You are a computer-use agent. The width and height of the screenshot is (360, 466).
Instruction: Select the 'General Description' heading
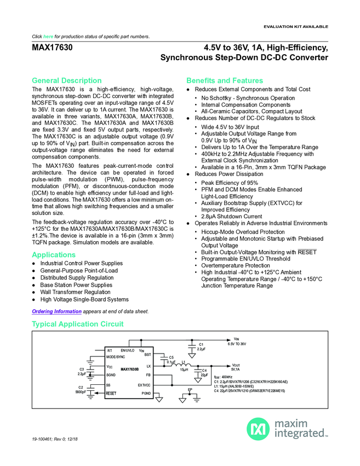67,81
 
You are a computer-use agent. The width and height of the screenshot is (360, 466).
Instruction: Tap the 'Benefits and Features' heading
225,81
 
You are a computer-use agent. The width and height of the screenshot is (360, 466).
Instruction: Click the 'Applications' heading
54,255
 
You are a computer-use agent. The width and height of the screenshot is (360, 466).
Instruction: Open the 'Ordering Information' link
56,311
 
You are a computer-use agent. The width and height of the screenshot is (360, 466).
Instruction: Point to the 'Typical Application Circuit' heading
77,325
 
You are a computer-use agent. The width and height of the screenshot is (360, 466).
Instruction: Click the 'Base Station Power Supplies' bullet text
76,285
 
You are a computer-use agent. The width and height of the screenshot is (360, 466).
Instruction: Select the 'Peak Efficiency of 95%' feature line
229,183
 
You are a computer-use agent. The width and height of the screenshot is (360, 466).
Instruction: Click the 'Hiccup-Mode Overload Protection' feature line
244,232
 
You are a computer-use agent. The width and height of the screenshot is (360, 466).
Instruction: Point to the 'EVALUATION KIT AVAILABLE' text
296,26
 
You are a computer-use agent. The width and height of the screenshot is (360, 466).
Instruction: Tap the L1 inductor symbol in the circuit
185,364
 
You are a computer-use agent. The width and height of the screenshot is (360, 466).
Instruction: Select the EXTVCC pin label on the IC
144,385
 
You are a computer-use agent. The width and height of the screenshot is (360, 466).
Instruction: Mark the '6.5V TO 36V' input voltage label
237,344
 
